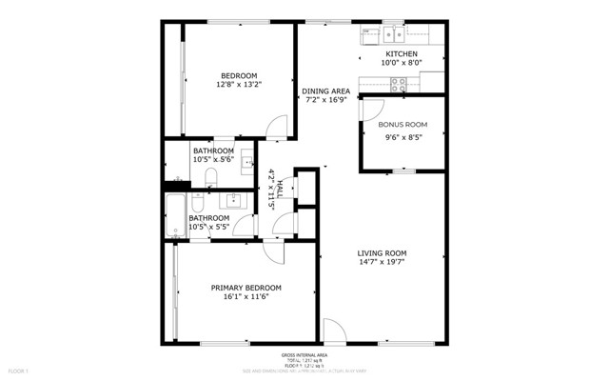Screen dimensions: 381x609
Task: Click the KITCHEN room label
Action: click(400, 54)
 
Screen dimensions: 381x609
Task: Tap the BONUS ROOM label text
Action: click(402, 125)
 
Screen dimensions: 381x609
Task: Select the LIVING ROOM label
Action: click(382, 253)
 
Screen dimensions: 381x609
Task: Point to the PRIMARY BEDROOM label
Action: click(246, 288)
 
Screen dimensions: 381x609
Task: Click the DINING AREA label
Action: click(326, 91)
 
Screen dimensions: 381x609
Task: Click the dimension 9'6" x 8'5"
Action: click(402, 136)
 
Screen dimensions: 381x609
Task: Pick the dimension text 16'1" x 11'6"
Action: click(246, 297)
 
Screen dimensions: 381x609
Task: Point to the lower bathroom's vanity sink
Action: click(233, 201)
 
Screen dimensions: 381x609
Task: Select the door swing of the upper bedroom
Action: click(277, 127)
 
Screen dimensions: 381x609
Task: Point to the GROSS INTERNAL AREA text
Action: click(304, 354)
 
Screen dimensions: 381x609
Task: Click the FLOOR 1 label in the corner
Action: click(18, 370)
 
